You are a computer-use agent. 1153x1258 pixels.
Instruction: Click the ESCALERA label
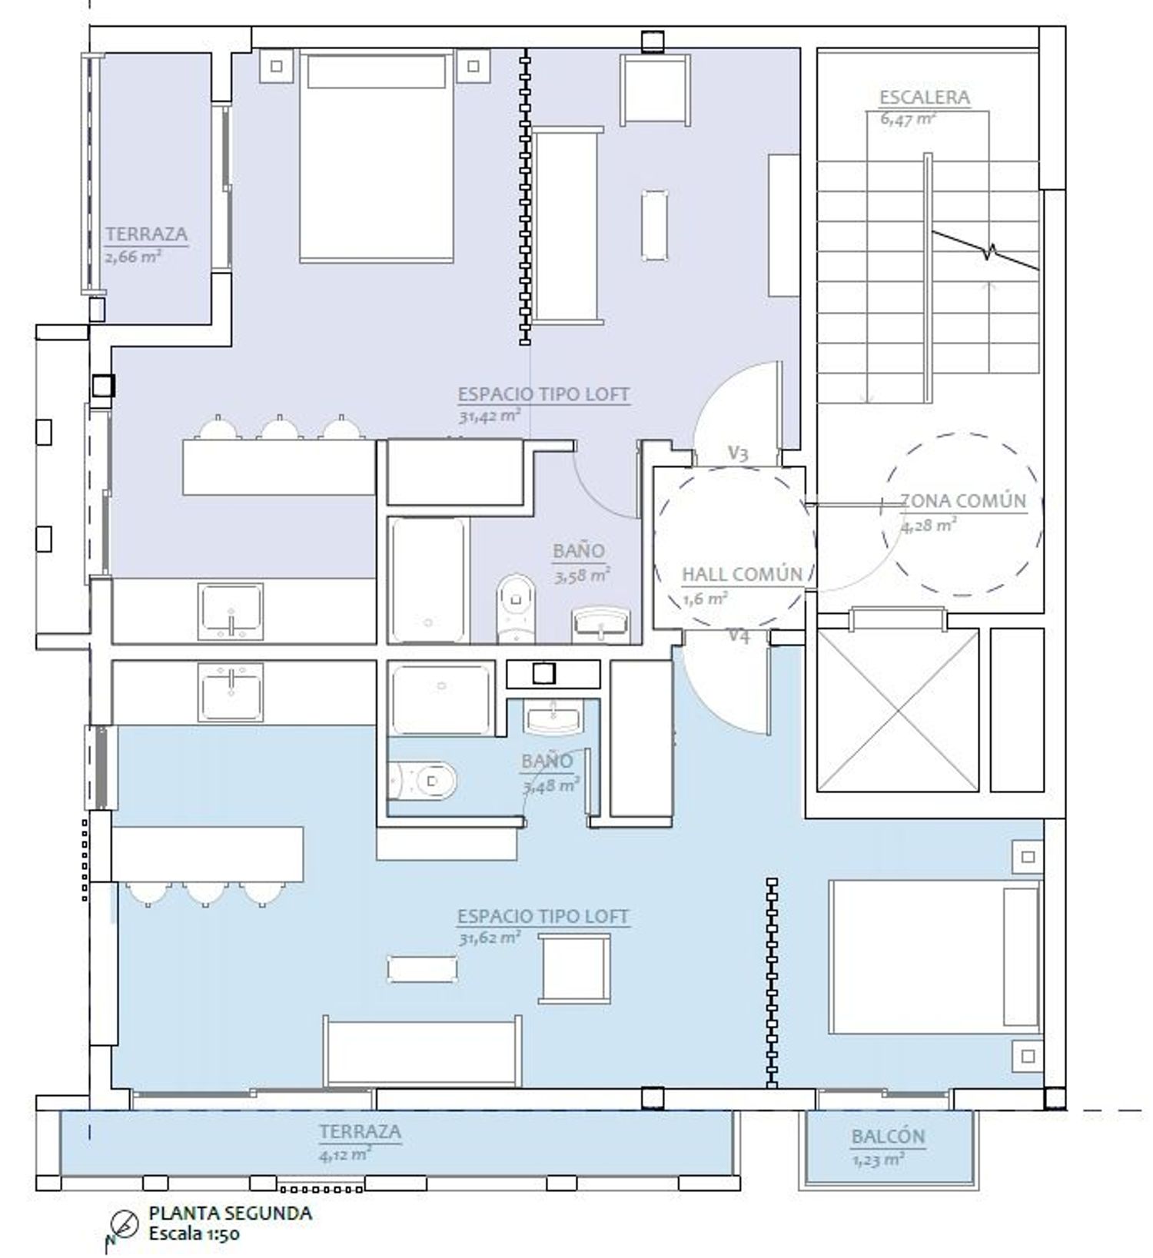tap(924, 98)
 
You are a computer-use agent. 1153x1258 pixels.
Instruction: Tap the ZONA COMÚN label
tap(963, 501)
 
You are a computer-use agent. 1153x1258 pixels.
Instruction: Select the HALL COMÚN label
tap(742, 574)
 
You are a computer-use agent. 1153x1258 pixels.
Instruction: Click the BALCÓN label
tap(888, 1137)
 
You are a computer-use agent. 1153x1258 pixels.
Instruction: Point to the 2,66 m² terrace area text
tap(133, 257)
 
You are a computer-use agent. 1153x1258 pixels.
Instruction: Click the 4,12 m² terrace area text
tap(346, 1154)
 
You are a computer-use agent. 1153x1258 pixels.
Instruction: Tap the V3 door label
tap(738, 453)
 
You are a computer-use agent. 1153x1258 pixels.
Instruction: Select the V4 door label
tap(739, 635)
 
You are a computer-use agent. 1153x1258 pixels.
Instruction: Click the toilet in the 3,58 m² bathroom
tap(516, 607)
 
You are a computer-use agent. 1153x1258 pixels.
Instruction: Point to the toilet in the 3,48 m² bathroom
tap(423, 782)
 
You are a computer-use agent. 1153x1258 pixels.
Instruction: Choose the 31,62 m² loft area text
tap(490, 938)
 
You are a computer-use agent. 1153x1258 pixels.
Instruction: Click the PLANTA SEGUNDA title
tap(231, 1213)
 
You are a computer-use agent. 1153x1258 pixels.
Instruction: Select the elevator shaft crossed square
tap(898, 710)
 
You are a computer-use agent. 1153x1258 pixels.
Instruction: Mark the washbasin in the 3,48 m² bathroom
tap(553, 716)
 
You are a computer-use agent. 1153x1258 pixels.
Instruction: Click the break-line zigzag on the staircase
tap(986, 251)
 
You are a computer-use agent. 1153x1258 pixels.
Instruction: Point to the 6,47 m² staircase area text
tap(908, 119)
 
